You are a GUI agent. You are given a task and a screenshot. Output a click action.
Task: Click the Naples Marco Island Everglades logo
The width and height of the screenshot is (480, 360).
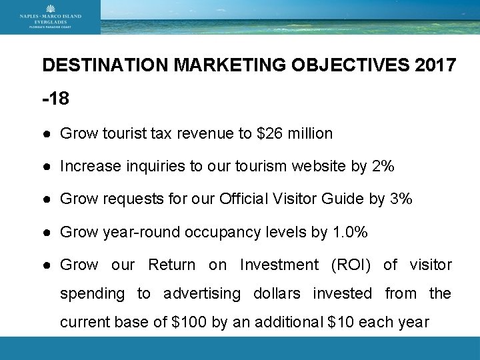50,17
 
